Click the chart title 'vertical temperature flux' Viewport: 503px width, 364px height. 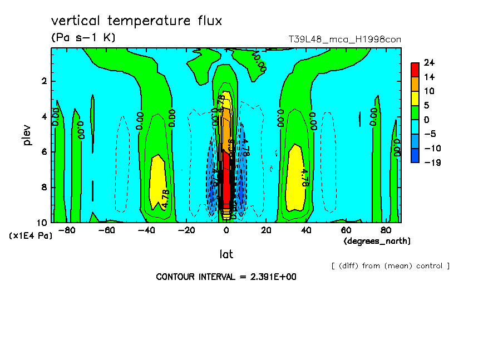pos(136,21)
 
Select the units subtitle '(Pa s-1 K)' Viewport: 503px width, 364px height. pos(83,38)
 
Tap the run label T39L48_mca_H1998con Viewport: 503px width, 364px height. pos(344,39)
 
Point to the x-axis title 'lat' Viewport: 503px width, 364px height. pos(226,254)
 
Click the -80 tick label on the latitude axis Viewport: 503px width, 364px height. pos(67,230)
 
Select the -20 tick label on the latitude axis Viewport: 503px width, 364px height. pos(186,230)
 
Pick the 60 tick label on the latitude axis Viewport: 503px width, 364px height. pos(346,230)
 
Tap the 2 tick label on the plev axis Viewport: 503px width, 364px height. pos(43,81)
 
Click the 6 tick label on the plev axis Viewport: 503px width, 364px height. pos(43,152)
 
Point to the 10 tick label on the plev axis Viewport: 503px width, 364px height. pos(41,222)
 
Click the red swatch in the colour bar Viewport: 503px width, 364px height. pos(415,69)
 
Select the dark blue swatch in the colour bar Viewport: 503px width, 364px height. pos(415,155)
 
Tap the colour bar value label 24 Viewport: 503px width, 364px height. pos(429,62)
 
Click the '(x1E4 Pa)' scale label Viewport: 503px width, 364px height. pos(31,236)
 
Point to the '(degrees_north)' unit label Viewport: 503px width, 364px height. pos(377,241)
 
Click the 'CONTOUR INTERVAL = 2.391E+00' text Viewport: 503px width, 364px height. pos(225,277)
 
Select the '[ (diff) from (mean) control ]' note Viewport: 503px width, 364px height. pos(390,265)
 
